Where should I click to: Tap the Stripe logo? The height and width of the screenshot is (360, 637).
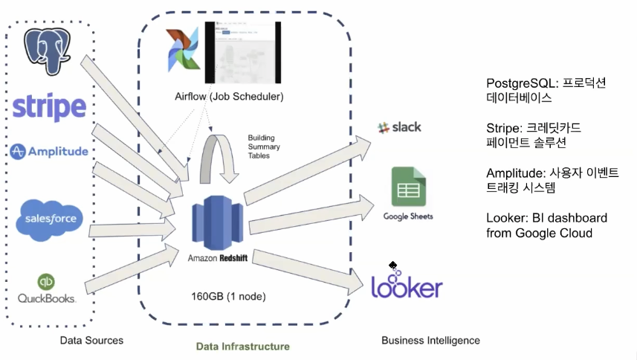[x=49, y=107]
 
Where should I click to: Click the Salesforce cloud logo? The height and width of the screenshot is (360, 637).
[x=51, y=219]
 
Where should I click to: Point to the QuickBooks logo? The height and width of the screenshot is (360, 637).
[x=47, y=289]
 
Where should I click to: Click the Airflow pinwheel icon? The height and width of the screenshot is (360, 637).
[x=183, y=52]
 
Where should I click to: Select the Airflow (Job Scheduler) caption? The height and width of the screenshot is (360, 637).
[x=229, y=97]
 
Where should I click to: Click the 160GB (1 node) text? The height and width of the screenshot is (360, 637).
[x=229, y=296]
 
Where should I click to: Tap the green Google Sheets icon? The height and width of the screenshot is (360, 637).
[x=408, y=187]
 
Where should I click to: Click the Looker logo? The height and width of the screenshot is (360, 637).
[x=407, y=286]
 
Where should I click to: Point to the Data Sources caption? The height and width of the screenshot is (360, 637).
[x=92, y=340]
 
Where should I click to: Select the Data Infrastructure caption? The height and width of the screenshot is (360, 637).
[x=242, y=346]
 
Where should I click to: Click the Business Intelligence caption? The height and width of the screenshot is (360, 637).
[x=430, y=340]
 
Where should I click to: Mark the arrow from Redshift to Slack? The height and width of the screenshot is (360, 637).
[x=305, y=171]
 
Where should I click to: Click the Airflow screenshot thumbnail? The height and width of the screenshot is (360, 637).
[x=242, y=52]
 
